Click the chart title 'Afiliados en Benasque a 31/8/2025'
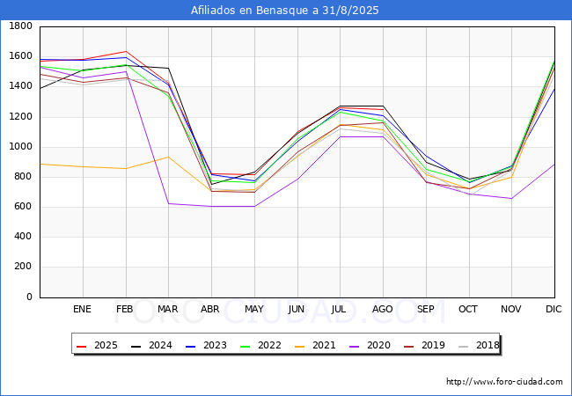click(285, 11)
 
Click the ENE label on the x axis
click(82, 309)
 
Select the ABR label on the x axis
click(210, 309)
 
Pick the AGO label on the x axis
click(382, 309)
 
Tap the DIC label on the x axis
click(554, 309)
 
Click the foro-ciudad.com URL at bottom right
click(504, 382)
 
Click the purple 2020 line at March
click(168, 203)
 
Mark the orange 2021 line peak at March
click(168, 157)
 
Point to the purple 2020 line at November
click(510, 198)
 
